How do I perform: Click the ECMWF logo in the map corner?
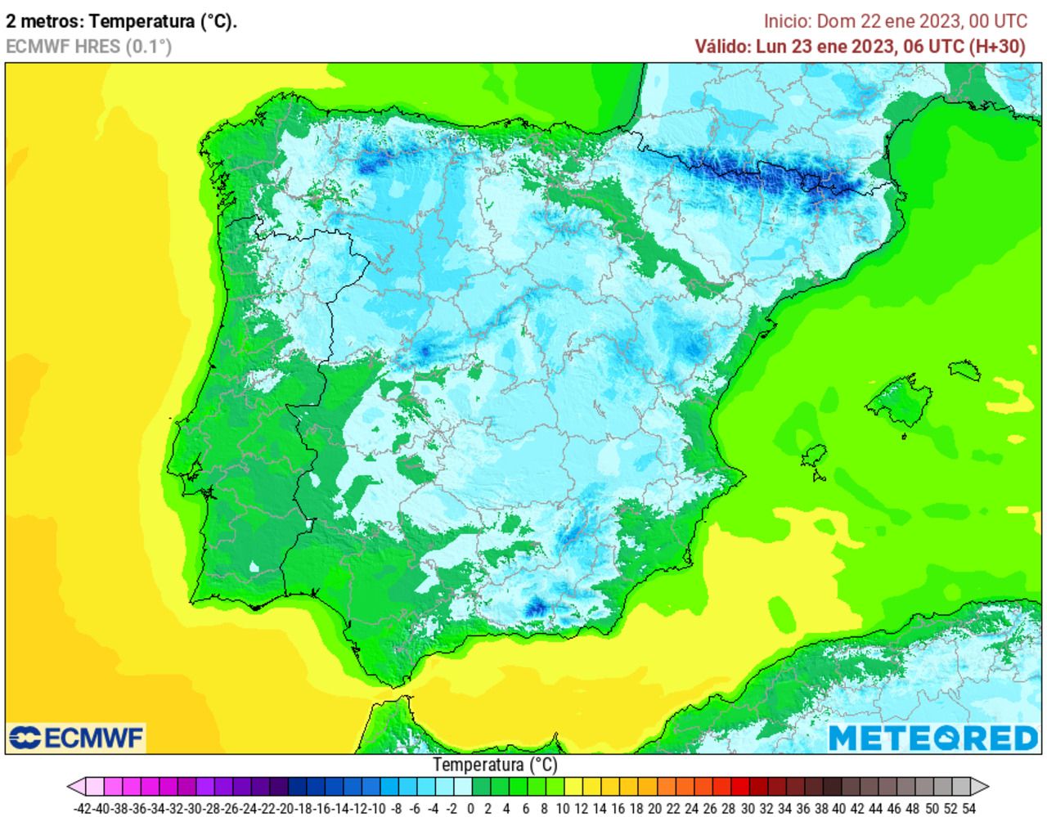coord(76,738)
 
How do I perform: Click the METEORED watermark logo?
coord(933,738)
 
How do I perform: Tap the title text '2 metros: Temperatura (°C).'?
coord(121,22)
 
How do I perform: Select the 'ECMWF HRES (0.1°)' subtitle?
coord(88,47)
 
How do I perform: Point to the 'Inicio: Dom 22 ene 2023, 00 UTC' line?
coord(895,21)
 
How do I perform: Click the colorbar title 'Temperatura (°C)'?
coord(495,765)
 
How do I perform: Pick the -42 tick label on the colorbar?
coord(83,809)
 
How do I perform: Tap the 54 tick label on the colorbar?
coord(968,809)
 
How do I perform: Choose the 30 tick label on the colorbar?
coord(747,809)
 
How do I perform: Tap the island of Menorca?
coord(965,369)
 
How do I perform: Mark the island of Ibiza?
coord(816,456)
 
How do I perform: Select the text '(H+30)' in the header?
coord(996,47)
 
